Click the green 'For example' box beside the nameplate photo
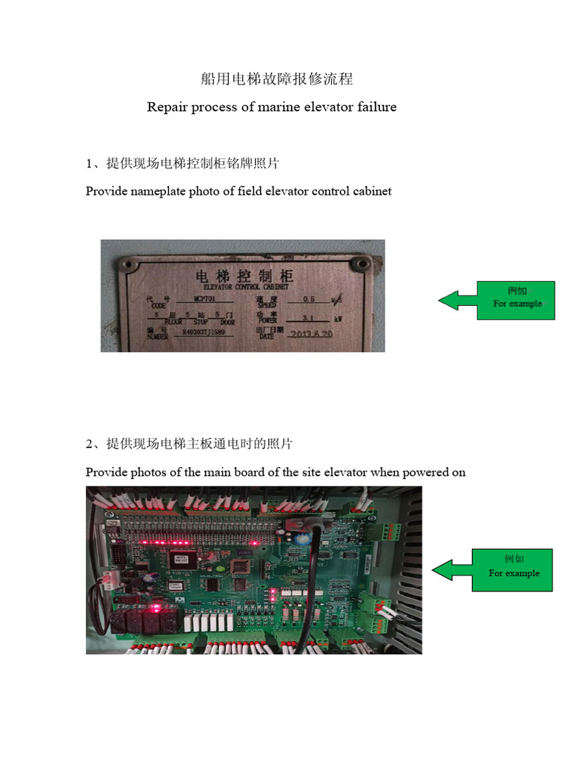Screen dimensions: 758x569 pyautogui.click(x=516, y=300)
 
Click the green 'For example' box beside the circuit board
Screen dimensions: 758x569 pyautogui.click(x=513, y=569)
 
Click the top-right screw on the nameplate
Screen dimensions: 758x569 pyautogui.click(x=361, y=264)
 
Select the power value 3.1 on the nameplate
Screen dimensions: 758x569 pyautogui.click(x=307, y=317)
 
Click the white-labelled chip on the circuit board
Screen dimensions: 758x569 pyautogui.click(x=179, y=559)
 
